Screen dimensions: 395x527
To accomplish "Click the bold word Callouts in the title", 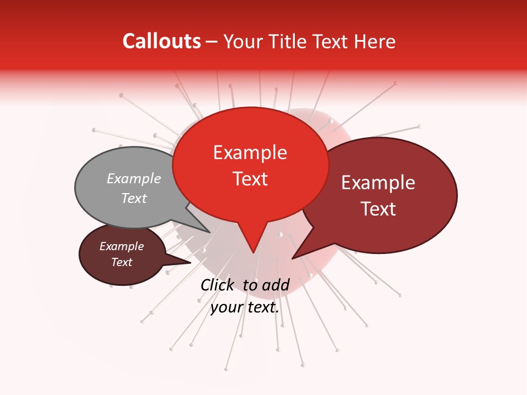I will [x=161, y=41].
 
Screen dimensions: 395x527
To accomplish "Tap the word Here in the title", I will [x=375, y=42].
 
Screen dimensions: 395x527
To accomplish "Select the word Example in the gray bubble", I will [x=134, y=178].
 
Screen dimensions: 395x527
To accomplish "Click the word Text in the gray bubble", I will [x=134, y=198].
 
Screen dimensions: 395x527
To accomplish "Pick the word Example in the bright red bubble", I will [x=250, y=153].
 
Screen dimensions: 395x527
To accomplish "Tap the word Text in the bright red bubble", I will [x=250, y=179].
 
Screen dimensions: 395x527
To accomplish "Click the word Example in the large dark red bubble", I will [x=378, y=183].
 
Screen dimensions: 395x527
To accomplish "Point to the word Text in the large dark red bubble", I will [x=379, y=209].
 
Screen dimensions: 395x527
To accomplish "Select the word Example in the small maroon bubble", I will [x=122, y=246].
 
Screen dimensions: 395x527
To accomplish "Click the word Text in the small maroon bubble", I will [x=122, y=262].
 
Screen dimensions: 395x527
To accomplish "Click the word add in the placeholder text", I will [x=276, y=285].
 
